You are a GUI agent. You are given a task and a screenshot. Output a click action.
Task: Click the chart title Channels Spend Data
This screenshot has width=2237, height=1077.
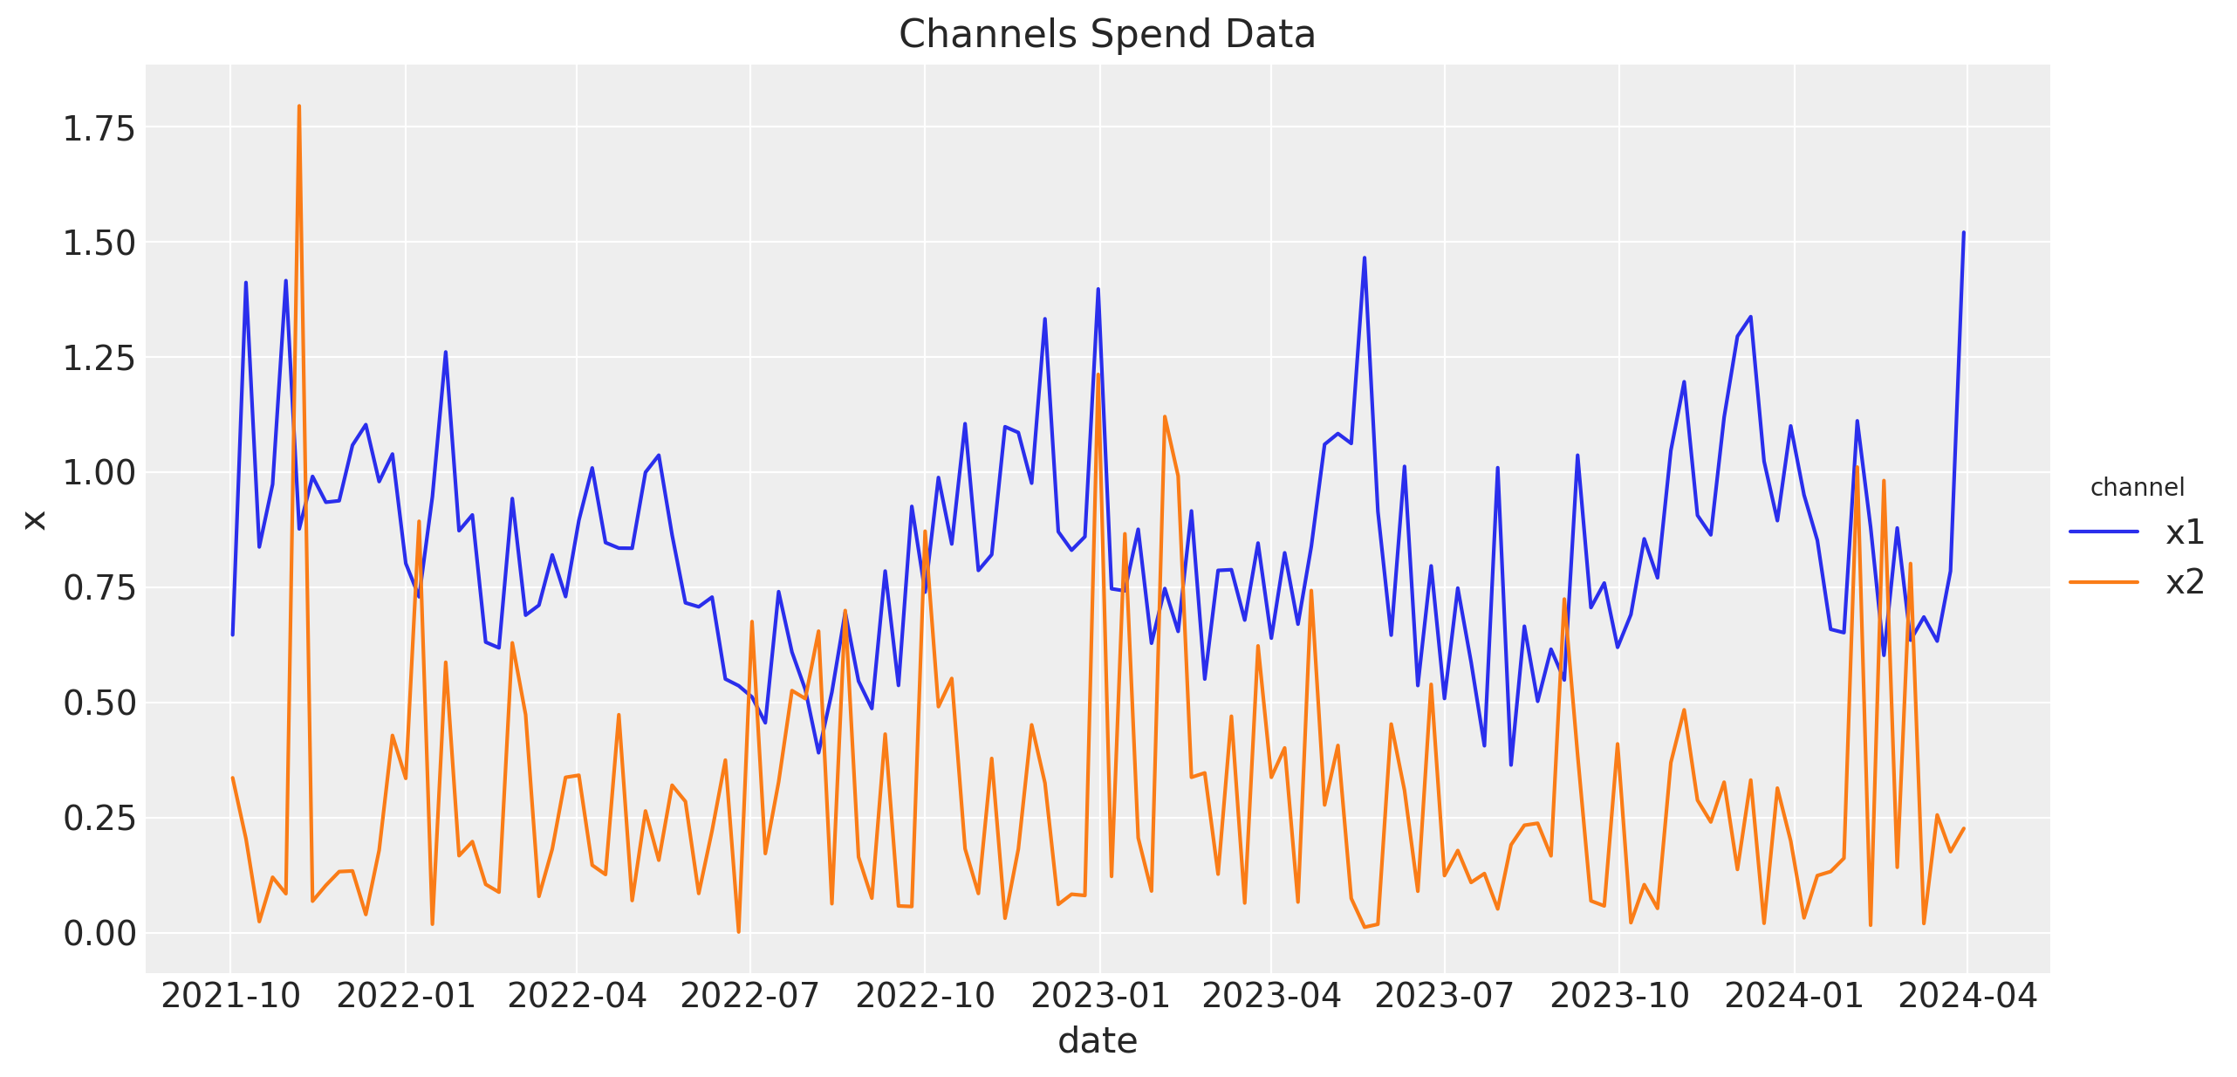[1106, 35]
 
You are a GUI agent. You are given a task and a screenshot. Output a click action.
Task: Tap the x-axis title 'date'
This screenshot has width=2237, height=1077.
[1097, 1040]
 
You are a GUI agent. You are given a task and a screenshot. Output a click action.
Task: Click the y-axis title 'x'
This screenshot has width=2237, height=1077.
[35, 520]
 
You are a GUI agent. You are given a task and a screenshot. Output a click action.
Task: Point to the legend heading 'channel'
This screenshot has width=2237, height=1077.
[2137, 487]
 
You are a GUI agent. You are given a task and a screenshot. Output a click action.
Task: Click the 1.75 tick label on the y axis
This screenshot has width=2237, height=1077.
[99, 128]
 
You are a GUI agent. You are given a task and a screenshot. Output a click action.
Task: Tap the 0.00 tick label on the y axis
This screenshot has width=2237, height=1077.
[99, 933]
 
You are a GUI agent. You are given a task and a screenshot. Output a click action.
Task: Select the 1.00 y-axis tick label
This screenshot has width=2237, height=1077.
[99, 472]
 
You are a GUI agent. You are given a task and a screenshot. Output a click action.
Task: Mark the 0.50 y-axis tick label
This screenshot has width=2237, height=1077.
[99, 703]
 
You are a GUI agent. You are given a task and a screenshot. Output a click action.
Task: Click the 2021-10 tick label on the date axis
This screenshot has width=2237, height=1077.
[230, 995]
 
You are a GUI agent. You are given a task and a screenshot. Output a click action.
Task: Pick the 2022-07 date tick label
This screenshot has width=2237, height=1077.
[749, 995]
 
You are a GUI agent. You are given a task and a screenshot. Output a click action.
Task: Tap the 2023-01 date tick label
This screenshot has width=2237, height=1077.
[1099, 995]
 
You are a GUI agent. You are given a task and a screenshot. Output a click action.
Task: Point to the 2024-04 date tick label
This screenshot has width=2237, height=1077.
[1967, 995]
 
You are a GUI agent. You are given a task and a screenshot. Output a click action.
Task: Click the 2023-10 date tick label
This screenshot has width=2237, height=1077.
[1618, 995]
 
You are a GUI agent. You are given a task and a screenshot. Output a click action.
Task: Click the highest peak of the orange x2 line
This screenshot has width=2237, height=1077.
[299, 106]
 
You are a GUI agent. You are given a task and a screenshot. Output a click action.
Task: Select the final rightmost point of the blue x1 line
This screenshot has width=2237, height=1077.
[1964, 233]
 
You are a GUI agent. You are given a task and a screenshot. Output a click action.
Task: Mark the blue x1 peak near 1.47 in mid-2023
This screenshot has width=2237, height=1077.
[1365, 258]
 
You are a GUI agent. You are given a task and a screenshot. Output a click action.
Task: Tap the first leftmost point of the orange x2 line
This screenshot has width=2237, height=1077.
[232, 778]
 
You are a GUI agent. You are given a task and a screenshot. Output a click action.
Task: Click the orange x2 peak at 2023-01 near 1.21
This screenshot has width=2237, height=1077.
[1098, 375]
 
